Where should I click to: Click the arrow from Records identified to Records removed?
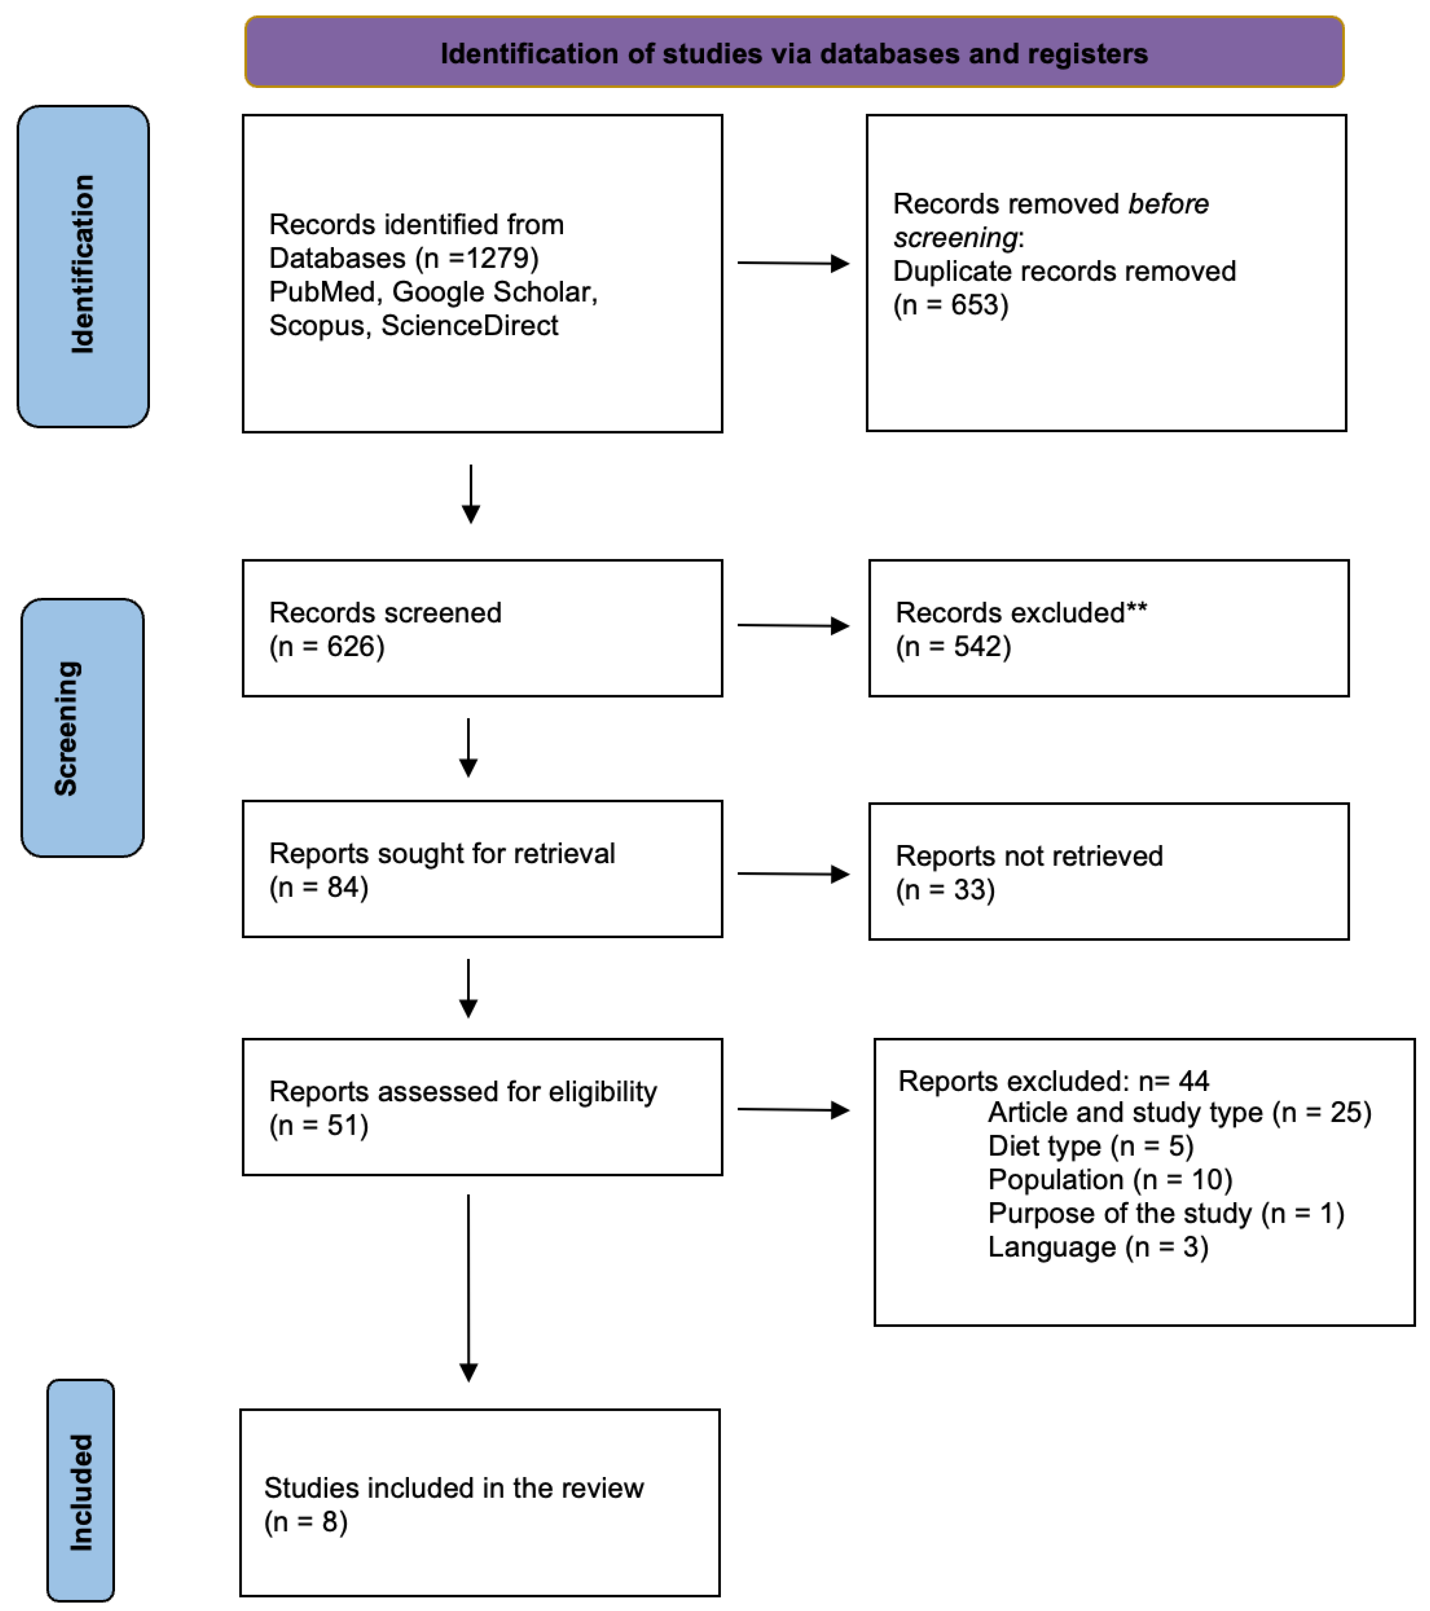(792, 263)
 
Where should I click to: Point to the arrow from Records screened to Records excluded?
(792, 626)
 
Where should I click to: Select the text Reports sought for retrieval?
(441, 853)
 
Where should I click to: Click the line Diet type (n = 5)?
(1090, 1146)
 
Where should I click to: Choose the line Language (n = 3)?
(1098, 1247)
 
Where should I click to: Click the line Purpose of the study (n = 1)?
(1165, 1213)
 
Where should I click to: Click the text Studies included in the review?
(453, 1488)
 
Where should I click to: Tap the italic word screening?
(955, 238)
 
